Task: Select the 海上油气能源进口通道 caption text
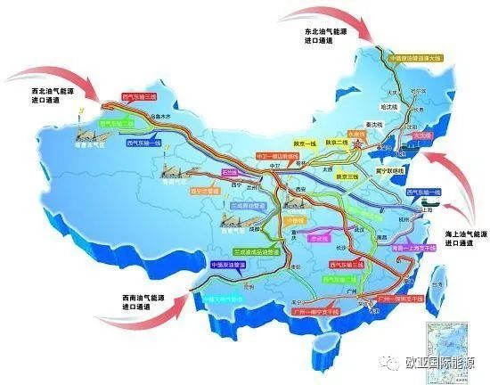pyautogui.click(x=462, y=237)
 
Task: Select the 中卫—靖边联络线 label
pyautogui.click(x=265, y=155)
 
